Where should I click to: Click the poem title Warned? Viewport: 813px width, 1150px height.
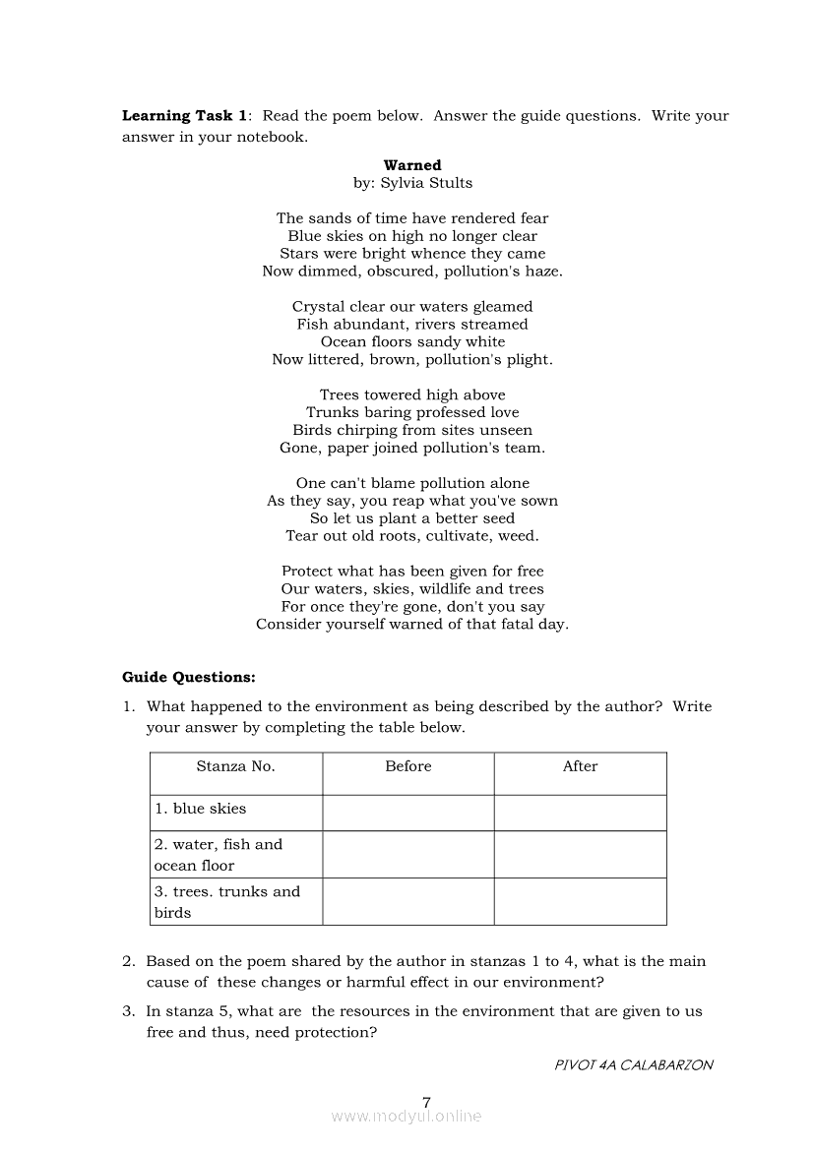412,165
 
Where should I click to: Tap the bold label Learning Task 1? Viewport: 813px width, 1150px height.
184,116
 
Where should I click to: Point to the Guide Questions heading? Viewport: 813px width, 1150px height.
188,677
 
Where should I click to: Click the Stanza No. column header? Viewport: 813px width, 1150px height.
235,766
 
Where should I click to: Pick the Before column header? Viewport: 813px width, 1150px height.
407,766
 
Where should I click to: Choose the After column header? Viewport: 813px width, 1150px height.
580,766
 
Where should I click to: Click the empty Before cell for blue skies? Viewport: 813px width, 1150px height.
407,813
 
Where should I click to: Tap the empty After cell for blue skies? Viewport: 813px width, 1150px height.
580,813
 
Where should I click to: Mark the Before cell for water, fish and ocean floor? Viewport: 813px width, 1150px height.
407,854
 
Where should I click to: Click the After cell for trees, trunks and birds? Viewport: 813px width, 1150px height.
580,901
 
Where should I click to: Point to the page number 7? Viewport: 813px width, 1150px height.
426,1102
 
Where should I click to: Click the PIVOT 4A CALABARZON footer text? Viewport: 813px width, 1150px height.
634,1064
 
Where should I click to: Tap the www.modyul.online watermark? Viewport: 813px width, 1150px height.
406,1117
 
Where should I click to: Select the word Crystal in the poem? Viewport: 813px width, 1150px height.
318,307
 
